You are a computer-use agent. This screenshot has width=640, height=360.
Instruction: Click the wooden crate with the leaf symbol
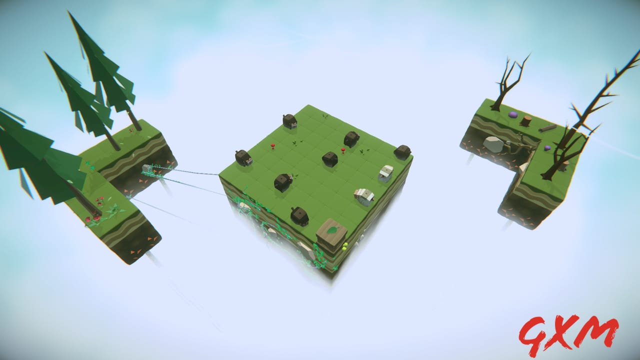tap(331, 234)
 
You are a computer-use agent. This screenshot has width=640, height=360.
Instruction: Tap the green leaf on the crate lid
tap(332, 230)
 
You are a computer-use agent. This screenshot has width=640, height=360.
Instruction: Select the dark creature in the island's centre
tap(329, 159)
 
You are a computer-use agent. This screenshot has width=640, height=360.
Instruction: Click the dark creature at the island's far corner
tap(289, 120)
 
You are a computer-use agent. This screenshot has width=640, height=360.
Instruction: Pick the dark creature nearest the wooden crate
tap(299, 215)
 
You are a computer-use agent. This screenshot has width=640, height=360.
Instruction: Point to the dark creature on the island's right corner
tap(402, 151)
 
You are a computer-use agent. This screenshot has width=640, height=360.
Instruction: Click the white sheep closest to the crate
tap(364, 196)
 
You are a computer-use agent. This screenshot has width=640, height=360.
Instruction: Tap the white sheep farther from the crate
tap(386, 172)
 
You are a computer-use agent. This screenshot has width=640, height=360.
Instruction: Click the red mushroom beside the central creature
tap(343, 149)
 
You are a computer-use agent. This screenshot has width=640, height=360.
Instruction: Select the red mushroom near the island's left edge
tap(273, 146)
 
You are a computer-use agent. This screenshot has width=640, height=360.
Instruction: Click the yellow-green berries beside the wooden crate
tap(345, 245)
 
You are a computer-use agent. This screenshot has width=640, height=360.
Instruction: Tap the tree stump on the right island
tap(525, 120)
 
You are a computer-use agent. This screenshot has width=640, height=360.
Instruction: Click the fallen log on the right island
tap(547, 128)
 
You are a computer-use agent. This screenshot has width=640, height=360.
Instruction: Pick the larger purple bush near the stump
tap(513, 115)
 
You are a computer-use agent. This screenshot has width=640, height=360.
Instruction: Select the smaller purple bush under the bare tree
tap(548, 148)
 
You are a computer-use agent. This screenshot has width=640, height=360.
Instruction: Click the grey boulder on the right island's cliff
tap(494, 144)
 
